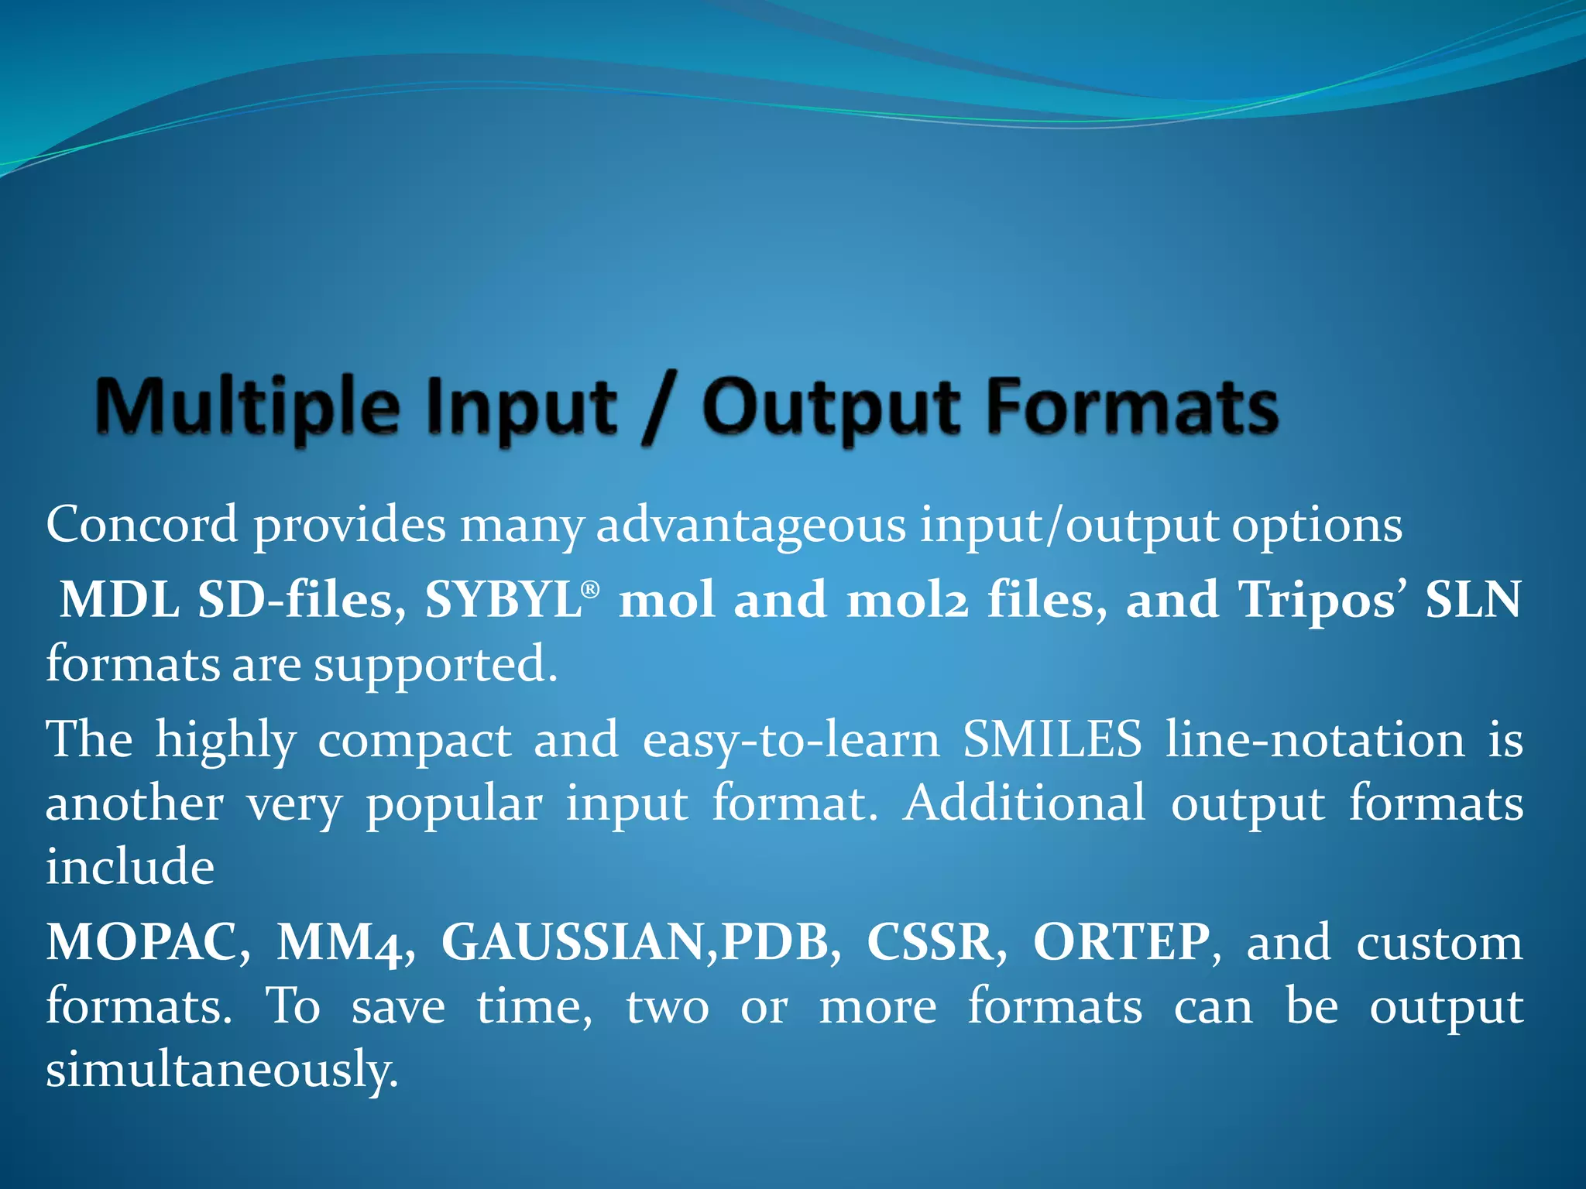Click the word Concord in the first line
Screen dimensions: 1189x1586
coord(142,525)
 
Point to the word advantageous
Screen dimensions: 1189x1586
coord(750,526)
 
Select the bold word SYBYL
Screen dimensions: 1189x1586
coord(503,600)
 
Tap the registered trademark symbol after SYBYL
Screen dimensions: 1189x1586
coord(590,590)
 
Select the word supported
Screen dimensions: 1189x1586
coord(434,666)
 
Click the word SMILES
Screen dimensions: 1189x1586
coord(1052,739)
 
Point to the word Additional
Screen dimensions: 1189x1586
coord(1025,803)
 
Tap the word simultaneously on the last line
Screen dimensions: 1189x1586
coord(221,1071)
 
